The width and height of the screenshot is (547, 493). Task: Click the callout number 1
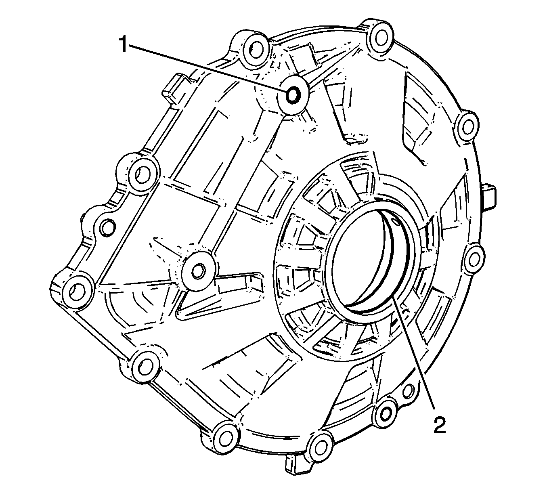[x=124, y=45]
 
